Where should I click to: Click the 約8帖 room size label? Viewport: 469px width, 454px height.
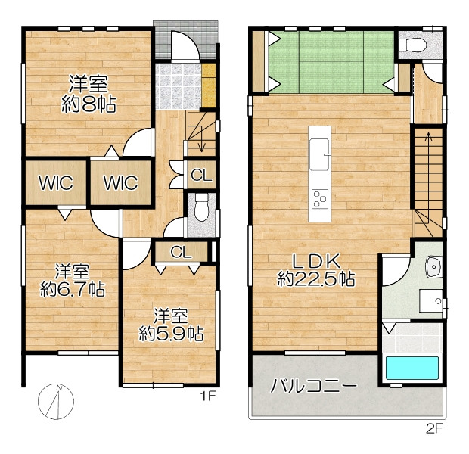click(x=89, y=104)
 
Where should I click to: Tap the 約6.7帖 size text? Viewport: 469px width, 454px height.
click(x=73, y=289)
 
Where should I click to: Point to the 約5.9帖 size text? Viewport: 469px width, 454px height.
click(x=171, y=334)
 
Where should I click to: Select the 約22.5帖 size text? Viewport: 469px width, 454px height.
click(x=316, y=279)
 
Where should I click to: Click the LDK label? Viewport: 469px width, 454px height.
click(x=316, y=261)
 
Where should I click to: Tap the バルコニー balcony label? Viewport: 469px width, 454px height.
click(x=313, y=385)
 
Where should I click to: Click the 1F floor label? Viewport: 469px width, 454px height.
click(x=208, y=396)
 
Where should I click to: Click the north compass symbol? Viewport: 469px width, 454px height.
click(x=56, y=401)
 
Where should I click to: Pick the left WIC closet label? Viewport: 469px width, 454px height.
click(x=56, y=182)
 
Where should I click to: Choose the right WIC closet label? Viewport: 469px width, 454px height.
click(x=121, y=182)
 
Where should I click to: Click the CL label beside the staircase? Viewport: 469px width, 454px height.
click(x=201, y=175)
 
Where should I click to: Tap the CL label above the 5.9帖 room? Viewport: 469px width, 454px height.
click(x=181, y=252)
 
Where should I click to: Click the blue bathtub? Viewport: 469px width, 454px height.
click(x=412, y=368)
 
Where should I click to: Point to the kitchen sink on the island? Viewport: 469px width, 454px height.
click(x=319, y=154)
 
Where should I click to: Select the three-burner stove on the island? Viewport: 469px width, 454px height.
click(x=320, y=199)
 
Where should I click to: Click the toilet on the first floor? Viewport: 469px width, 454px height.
click(x=201, y=207)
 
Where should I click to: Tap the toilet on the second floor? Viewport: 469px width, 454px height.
click(x=413, y=45)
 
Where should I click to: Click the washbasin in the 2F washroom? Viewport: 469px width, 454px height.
click(x=433, y=266)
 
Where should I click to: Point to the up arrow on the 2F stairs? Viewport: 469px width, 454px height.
click(x=429, y=169)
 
